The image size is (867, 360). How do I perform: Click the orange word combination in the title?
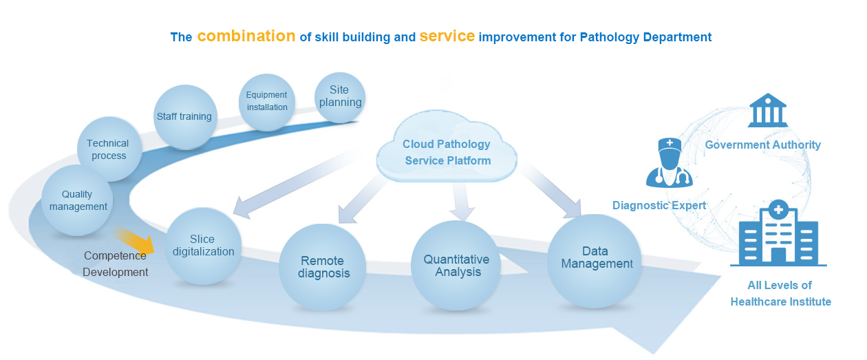246,36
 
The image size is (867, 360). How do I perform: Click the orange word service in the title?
447,36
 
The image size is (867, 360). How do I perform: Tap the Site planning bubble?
340,97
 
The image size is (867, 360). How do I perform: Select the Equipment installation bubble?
267,102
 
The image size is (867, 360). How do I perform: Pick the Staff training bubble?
185,117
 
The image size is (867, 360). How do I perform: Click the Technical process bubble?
109,149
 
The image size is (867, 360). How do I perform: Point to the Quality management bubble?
77,200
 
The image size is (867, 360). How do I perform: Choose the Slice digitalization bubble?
203,246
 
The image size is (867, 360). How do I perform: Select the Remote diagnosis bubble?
323,267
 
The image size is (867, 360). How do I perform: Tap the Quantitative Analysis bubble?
456,266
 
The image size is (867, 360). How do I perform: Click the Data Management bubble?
595,261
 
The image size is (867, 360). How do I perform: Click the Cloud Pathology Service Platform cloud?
447,148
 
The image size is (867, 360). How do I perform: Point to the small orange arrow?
134,240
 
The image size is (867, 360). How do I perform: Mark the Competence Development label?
116,264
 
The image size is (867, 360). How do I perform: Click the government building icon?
768,110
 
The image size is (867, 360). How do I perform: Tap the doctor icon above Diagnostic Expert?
670,162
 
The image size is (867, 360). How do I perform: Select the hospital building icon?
778,233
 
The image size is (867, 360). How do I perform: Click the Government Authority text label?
763,145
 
